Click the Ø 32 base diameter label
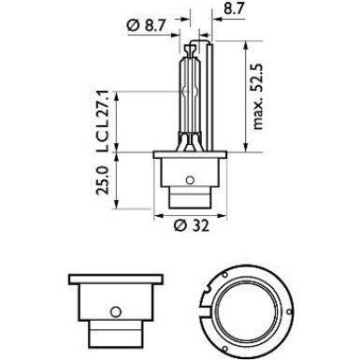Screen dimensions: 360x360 192,226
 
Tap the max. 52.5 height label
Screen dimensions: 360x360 258,96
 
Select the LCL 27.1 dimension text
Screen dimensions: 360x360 102,122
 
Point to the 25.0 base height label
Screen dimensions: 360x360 102,180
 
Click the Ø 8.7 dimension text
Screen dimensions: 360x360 146,25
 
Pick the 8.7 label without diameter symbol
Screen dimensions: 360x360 233,9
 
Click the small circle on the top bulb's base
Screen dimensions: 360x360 190,180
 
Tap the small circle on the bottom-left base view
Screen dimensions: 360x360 116,311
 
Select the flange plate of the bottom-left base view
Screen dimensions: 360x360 116,280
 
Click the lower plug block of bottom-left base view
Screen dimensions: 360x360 116,334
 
